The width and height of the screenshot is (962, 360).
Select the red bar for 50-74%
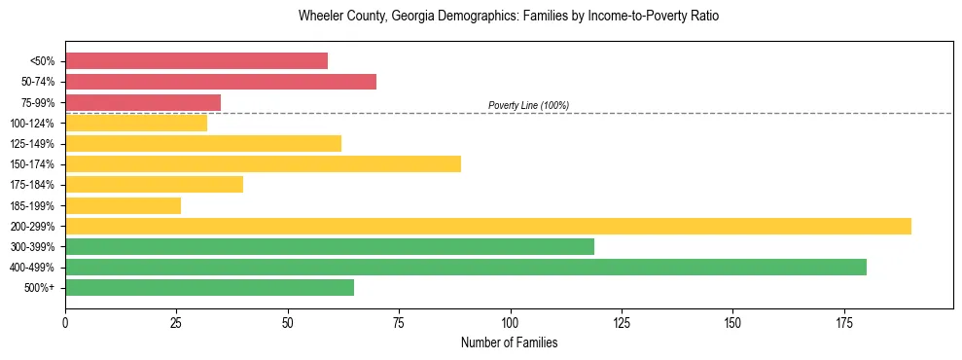point(221,82)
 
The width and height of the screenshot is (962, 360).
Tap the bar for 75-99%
point(143,102)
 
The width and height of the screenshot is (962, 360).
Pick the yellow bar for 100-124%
point(136,123)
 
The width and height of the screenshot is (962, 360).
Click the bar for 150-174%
point(263,163)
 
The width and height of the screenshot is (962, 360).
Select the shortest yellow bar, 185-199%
point(123,205)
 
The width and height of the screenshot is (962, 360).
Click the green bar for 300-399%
point(330,246)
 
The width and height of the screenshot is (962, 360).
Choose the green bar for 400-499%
point(466,267)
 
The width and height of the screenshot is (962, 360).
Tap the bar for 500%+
point(209,287)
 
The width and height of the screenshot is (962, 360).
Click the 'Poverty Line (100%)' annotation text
point(528,105)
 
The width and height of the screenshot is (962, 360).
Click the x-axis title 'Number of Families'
point(509,343)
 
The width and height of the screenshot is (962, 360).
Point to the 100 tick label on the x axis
point(510,322)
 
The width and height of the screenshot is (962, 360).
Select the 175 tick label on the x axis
point(843,322)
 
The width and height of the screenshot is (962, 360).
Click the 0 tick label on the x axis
point(65,322)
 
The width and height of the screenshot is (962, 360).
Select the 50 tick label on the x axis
point(288,322)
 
